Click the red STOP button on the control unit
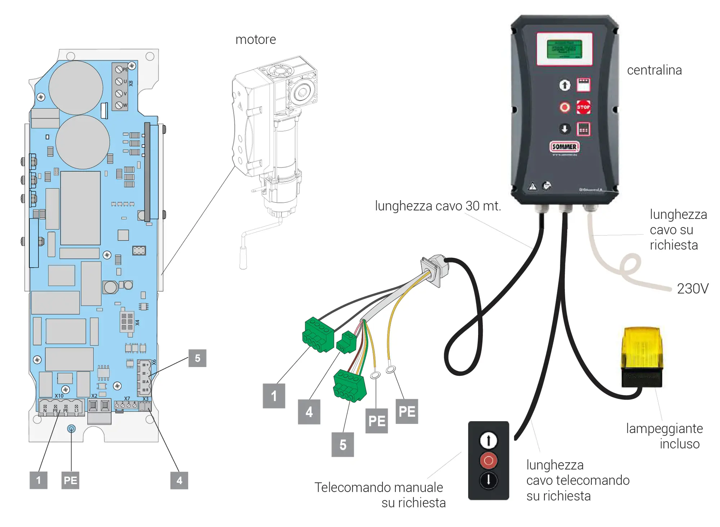[x=583, y=107]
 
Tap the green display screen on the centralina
[x=564, y=49]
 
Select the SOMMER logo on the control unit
[x=564, y=147]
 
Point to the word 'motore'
[x=256, y=40]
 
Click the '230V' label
[x=692, y=289]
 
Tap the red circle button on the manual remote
[x=489, y=460]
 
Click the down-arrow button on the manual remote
[x=489, y=480]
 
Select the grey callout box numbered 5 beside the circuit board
[x=197, y=358]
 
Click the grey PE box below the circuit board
[x=71, y=480]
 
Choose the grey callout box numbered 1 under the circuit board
[x=39, y=480]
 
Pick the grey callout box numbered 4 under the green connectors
[x=309, y=412]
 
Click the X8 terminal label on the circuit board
[x=131, y=83]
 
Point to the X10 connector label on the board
[x=59, y=396]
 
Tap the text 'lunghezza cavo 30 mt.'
[x=438, y=206]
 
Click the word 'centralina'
[x=654, y=70]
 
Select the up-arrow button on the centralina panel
[x=564, y=85]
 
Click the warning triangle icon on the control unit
[x=532, y=186]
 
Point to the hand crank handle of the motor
[x=243, y=257]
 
